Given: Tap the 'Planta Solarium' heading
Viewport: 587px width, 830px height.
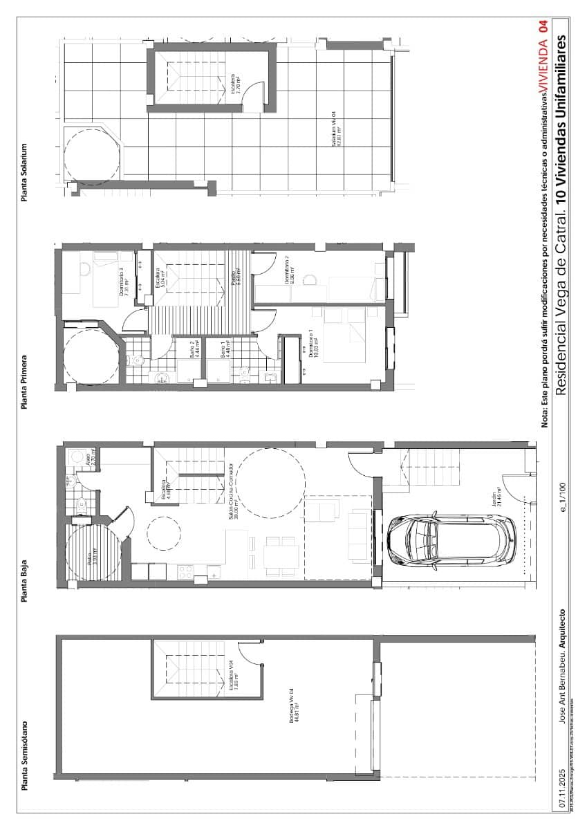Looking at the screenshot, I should coord(24,173).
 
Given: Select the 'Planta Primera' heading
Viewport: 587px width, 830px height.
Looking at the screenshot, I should coord(24,382).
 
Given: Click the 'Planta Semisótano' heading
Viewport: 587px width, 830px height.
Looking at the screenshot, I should coord(24,755).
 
